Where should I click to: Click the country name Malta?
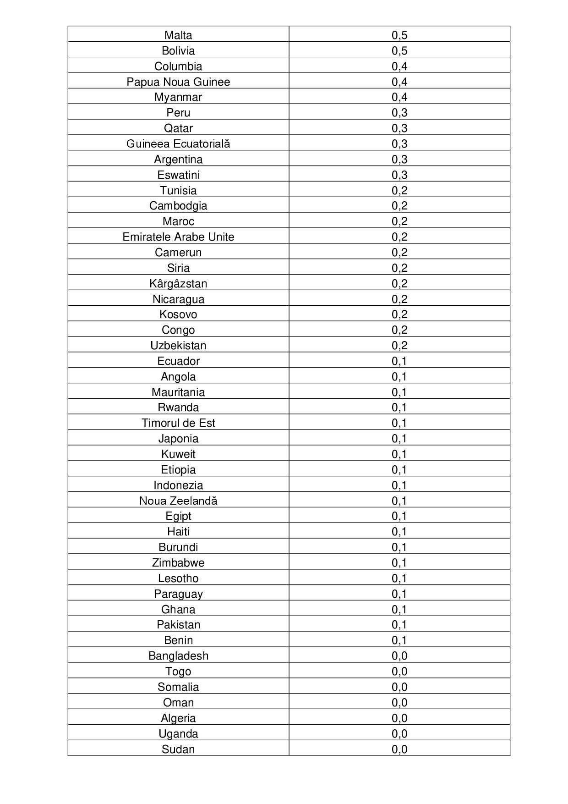click(178, 35)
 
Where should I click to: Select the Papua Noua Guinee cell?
click(178, 82)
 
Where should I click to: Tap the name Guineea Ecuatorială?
click(178, 144)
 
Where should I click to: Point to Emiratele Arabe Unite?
click(178, 237)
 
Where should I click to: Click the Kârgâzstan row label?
click(178, 284)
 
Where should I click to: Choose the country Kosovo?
click(178, 314)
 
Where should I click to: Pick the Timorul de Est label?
click(178, 423)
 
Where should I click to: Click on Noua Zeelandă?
click(178, 501)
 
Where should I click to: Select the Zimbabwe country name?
click(178, 563)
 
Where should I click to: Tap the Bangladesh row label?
click(178, 656)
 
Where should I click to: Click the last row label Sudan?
click(178, 749)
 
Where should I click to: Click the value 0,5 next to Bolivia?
click(399, 51)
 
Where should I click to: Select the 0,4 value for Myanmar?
click(399, 97)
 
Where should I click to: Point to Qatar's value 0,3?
click(399, 128)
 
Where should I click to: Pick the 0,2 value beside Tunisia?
click(399, 191)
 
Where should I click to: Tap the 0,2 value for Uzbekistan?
click(399, 346)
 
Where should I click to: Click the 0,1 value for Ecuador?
click(399, 361)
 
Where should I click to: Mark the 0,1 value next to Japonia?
click(399, 439)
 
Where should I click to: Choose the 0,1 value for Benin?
click(399, 640)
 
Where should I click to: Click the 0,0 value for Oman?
click(399, 703)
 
